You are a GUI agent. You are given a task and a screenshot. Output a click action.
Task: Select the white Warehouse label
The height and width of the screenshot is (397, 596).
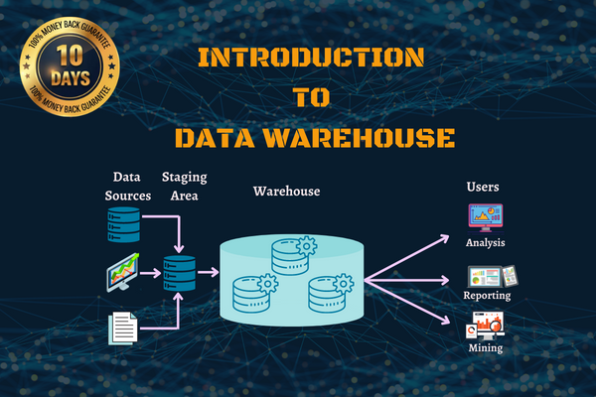tap(286, 191)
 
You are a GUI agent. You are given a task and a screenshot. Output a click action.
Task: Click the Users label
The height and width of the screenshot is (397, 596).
tap(483, 187)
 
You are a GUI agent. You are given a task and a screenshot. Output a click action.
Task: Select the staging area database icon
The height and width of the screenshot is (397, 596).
tap(180, 271)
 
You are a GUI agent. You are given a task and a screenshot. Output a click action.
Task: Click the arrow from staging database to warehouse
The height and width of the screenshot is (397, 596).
tap(208, 271)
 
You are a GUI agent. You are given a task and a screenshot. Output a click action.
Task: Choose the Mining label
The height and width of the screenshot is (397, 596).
tap(486, 348)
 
